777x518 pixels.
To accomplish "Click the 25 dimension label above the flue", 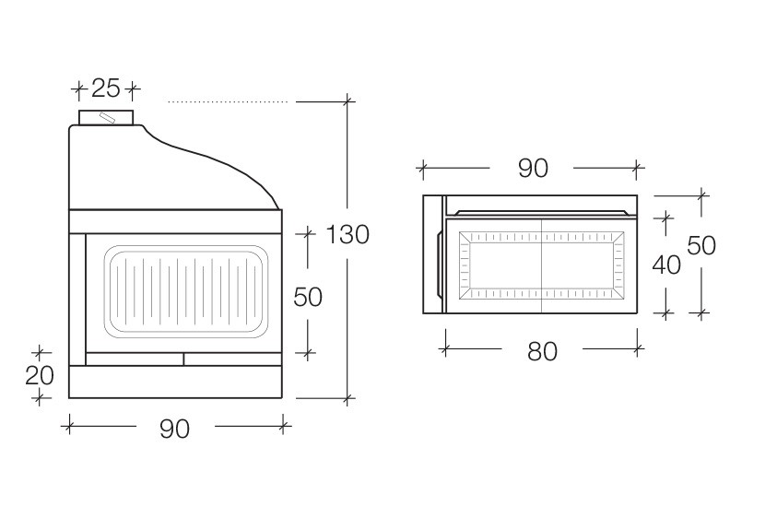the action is point(106,88).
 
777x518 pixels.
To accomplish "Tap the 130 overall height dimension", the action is point(347,234).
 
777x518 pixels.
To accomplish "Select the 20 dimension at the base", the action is point(40,375).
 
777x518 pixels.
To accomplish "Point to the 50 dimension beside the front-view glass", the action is point(308,297).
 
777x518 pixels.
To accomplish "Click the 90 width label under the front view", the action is point(174,429).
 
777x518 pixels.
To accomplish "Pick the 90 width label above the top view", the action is point(533,168).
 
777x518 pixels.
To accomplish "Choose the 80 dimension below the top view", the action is point(543,351).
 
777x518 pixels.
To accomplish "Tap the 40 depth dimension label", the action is point(666,265).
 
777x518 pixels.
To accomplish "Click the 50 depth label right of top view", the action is point(701,245).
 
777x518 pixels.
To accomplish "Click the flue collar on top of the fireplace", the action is point(106,117).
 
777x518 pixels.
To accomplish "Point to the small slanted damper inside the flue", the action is point(107,117).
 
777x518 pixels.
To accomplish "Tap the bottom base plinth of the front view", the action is point(175,382).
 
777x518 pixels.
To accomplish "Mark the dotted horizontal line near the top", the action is point(228,102).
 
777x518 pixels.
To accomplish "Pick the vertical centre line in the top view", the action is point(542,265).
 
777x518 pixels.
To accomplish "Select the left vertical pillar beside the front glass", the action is point(77,300).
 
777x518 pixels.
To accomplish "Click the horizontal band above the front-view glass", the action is point(175,222).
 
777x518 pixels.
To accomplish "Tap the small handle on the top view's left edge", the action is point(440,265).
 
